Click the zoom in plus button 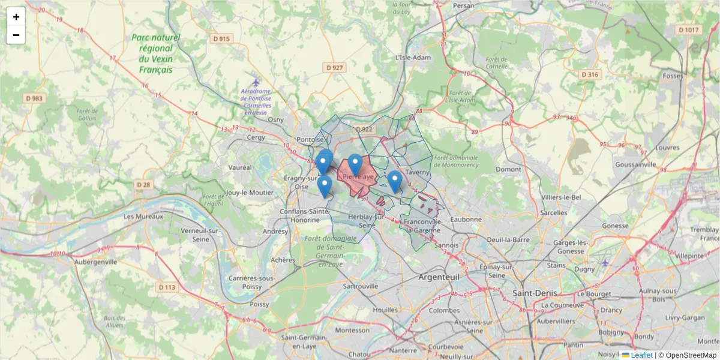[16, 17]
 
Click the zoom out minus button [16, 35]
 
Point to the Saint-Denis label [535, 293]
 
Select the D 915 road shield [221, 39]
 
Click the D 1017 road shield [688, 29]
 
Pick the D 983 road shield [34, 98]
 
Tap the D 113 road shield [168, 287]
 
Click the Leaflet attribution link [641, 355]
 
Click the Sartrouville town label [360, 286]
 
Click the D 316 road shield [590, 74]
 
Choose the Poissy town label [259, 304]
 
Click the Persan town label [464, 5]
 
